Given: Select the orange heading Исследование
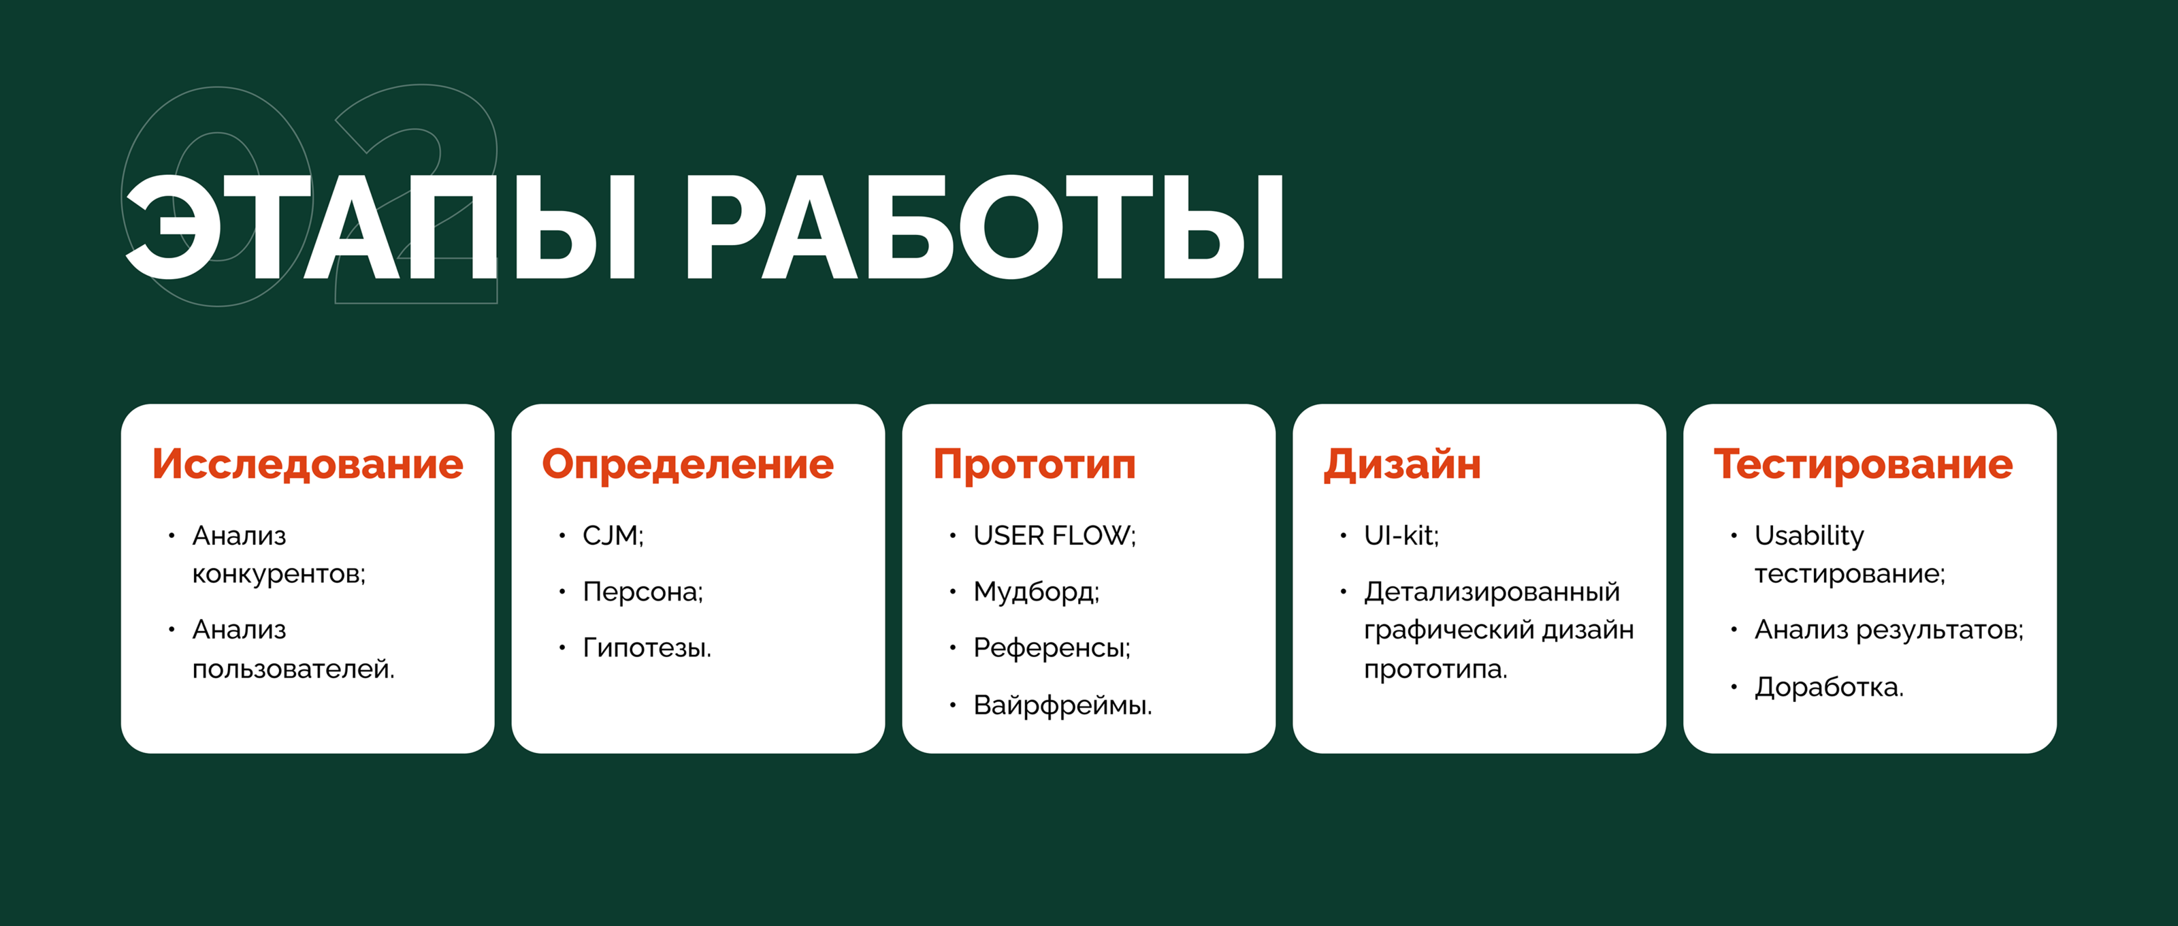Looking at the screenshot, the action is coord(308,464).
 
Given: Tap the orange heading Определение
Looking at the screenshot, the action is coord(688,464).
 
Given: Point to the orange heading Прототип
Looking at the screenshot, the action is coord(1035,464).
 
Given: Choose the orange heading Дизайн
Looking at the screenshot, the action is coord(1403,464).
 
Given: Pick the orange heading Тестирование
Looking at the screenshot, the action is coord(1864,464).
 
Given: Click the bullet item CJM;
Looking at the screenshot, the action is coord(613,535).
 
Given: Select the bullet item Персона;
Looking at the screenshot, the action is coord(643,592).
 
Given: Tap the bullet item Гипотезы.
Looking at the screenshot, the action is coord(647,648).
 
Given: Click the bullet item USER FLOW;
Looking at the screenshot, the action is coord(1054,535).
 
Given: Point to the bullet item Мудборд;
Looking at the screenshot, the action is coord(1036,592).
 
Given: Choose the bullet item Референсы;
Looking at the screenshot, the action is coord(1052,648).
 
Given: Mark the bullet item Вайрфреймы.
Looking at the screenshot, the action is coord(1062,705).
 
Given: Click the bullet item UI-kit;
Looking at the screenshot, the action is coord(1401,535).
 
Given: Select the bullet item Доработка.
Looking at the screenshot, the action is coord(1829,687).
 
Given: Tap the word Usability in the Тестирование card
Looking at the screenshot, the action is coord(1808,535).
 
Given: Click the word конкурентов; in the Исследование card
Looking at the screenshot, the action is coord(279,574).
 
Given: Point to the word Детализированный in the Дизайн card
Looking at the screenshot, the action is coord(1491,592).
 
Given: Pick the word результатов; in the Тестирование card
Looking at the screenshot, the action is coord(1940,630).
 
